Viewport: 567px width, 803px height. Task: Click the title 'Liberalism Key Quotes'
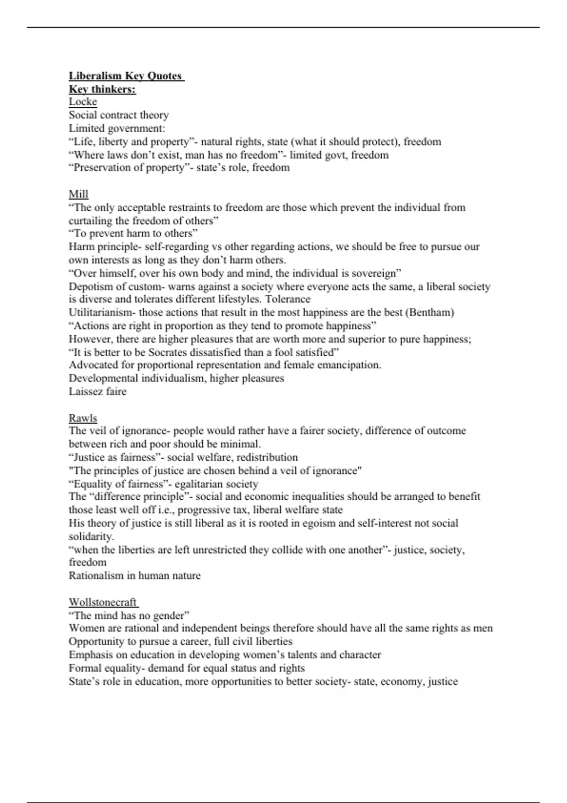tap(126, 76)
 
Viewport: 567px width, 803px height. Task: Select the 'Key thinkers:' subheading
tap(103, 89)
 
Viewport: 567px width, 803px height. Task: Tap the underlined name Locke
tap(83, 102)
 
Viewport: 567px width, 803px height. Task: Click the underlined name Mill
tap(78, 194)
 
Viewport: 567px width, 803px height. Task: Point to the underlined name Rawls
tap(83, 418)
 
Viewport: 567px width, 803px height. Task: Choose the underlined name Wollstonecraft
tap(103, 602)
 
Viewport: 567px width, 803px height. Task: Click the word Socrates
tap(170, 352)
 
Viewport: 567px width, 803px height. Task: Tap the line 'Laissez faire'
tap(97, 391)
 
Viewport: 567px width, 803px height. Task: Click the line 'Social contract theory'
tap(119, 115)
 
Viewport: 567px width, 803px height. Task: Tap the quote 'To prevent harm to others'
tap(133, 233)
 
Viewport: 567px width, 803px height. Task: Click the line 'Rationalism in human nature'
tap(135, 576)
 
